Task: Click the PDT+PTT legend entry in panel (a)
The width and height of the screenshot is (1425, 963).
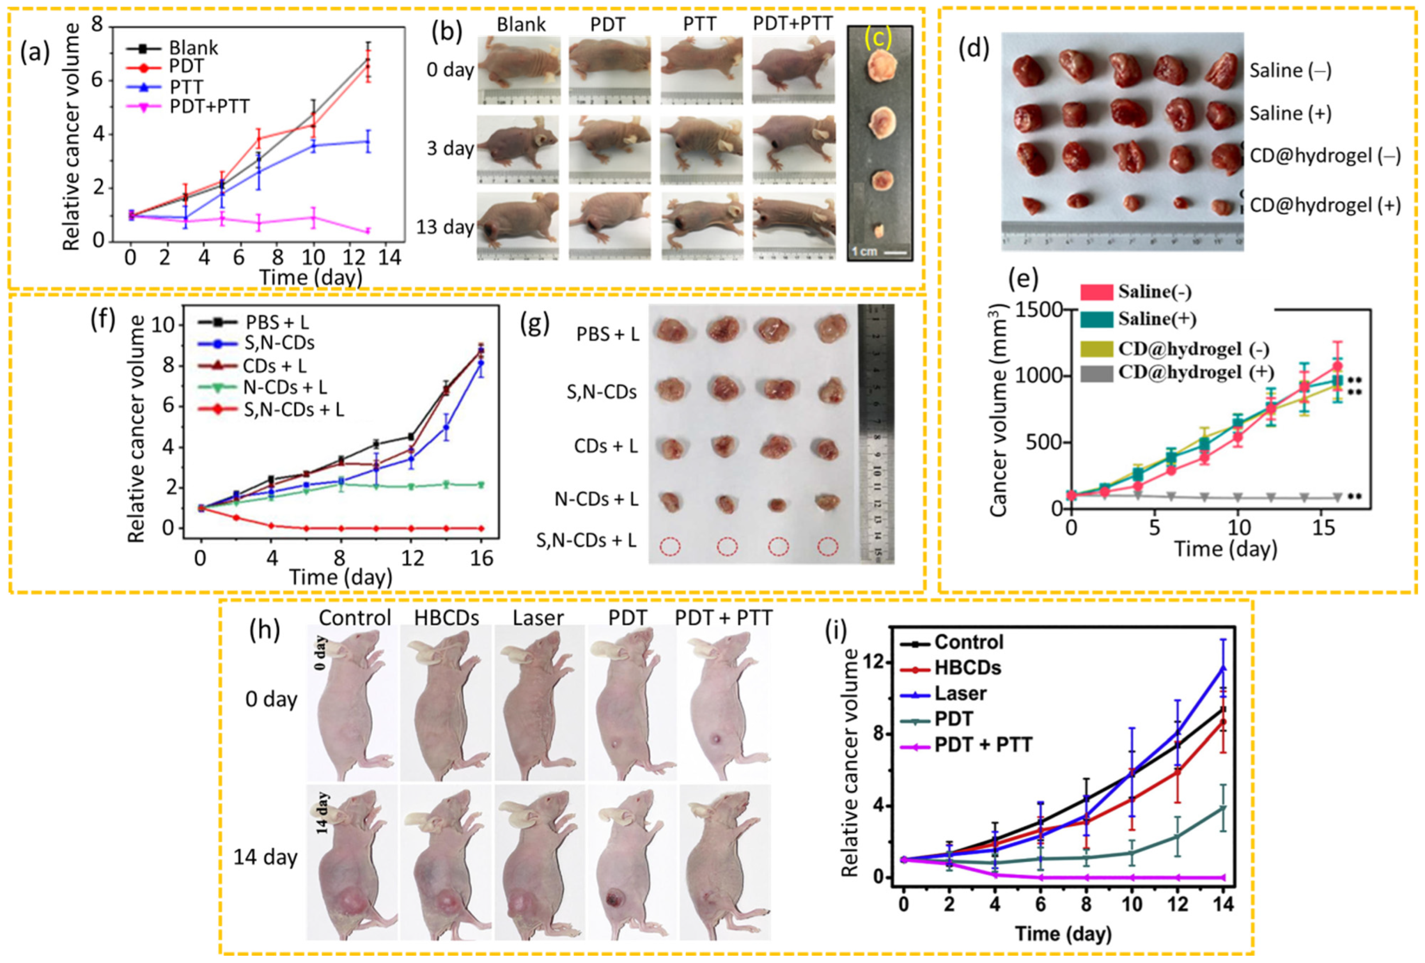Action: click(x=208, y=107)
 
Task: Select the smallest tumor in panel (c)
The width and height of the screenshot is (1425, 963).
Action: click(x=879, y=231)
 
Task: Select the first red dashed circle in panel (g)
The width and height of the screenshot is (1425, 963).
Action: click(x=669, y=546)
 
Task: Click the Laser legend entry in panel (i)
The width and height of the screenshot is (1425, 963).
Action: click(x=960, y=694)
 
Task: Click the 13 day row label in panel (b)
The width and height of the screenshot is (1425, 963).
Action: click(x=445, y=227)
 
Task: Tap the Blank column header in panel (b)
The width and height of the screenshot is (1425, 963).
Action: click(x=521, y=24)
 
